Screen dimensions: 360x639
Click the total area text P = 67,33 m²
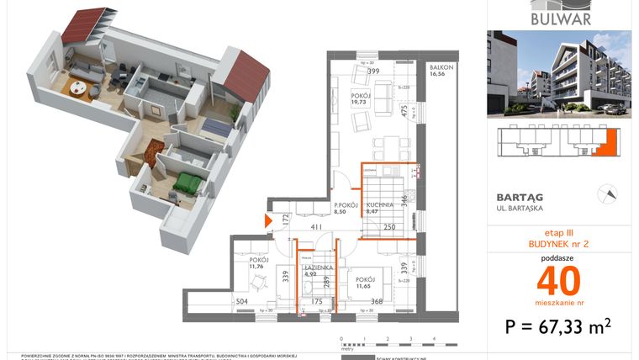[x=559, y=326]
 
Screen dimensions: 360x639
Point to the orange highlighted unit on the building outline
[x=598, y=149]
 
